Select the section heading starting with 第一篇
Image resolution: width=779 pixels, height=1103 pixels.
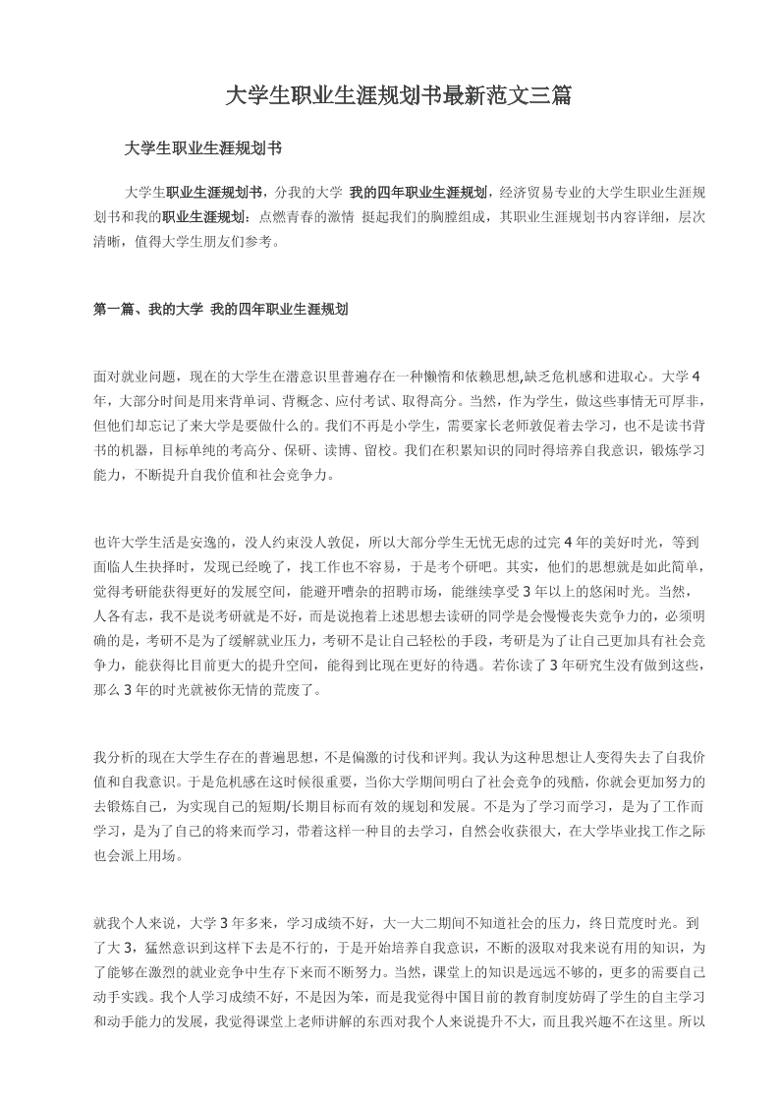pos(221,309)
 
